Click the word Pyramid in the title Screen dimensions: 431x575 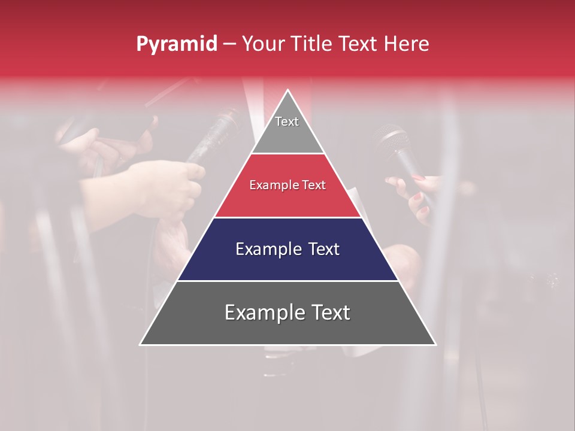pos(176,44)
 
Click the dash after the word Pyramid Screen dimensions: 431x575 pos(229,44)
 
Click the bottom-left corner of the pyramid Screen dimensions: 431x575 pos(141,344)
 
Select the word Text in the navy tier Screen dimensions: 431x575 pos(323,249)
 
